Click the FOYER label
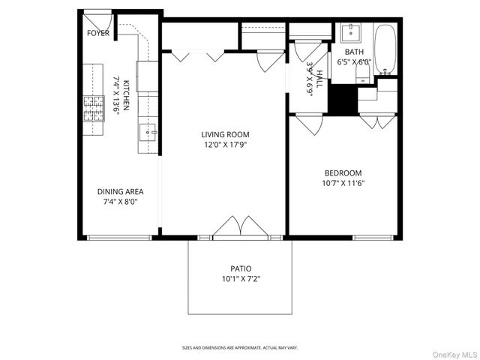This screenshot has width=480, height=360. [x=98, y=33]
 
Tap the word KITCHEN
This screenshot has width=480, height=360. [x=127, y=95]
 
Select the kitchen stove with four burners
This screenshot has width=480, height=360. [x=93, y=109]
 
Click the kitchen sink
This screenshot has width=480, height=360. [x=148, y=133]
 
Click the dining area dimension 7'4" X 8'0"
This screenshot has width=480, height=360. [x=120, y=202]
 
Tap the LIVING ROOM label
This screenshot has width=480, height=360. [x=224, y=134]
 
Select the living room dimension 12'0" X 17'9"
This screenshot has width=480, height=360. [x=224, y=145]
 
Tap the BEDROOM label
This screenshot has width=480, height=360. [x=342, y=172]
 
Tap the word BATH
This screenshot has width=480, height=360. [x=354, y=52]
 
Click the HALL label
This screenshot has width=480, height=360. [x=319, y=79]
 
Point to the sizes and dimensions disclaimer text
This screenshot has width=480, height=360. [x=240, y=348]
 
